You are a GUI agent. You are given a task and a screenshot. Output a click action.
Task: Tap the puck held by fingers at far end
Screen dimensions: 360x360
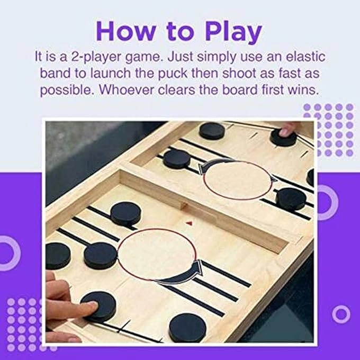click(284, 137)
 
